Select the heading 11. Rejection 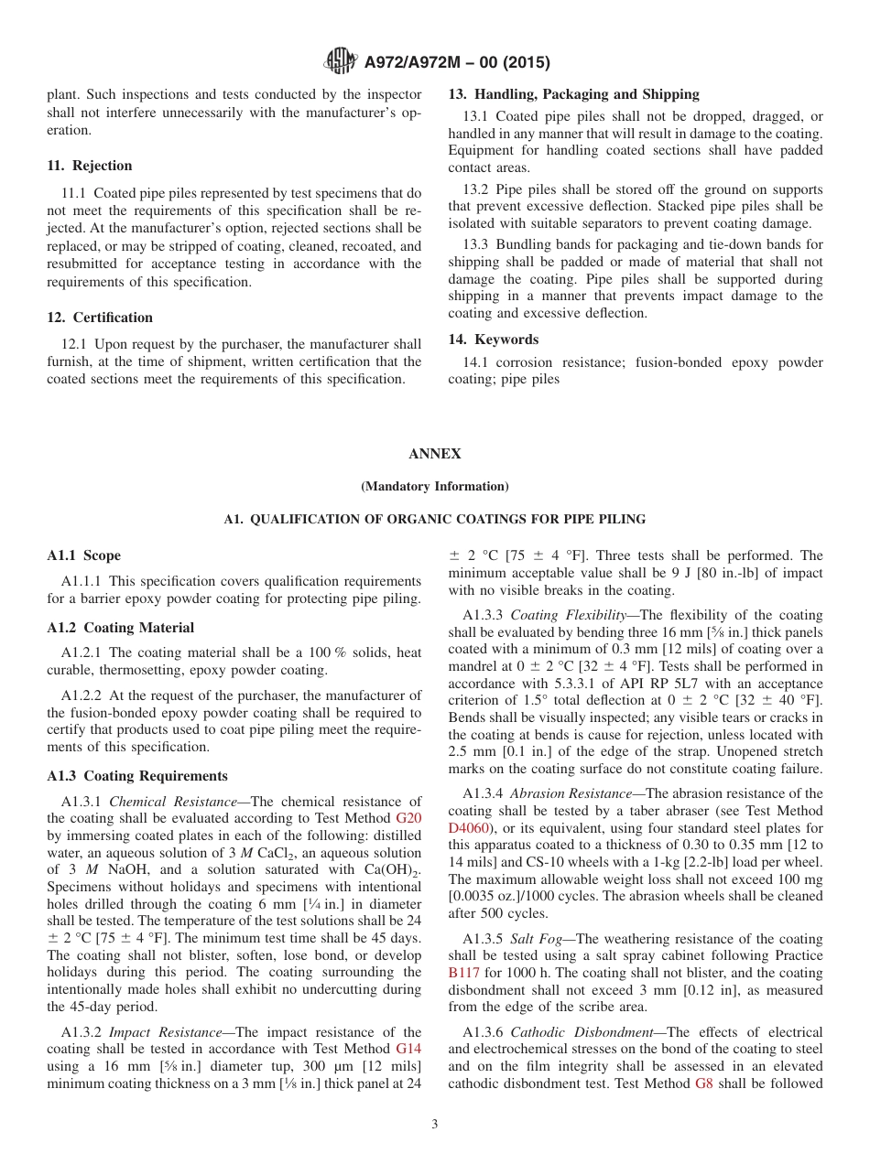point(90,166)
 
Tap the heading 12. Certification point(100,318)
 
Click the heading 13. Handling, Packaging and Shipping point(573,94)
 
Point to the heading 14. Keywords point(493,339)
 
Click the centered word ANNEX point(435,454)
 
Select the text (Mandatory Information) point(435,487)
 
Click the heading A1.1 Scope point(83,555)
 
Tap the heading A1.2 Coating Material point(120,628)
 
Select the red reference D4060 point(469,827)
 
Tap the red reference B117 point(463,973)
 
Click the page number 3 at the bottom point(435,1125)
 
